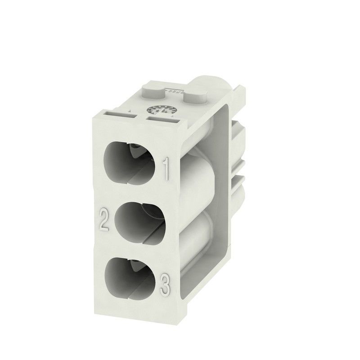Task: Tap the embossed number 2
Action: pyautogui.click(x=104, y=220)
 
